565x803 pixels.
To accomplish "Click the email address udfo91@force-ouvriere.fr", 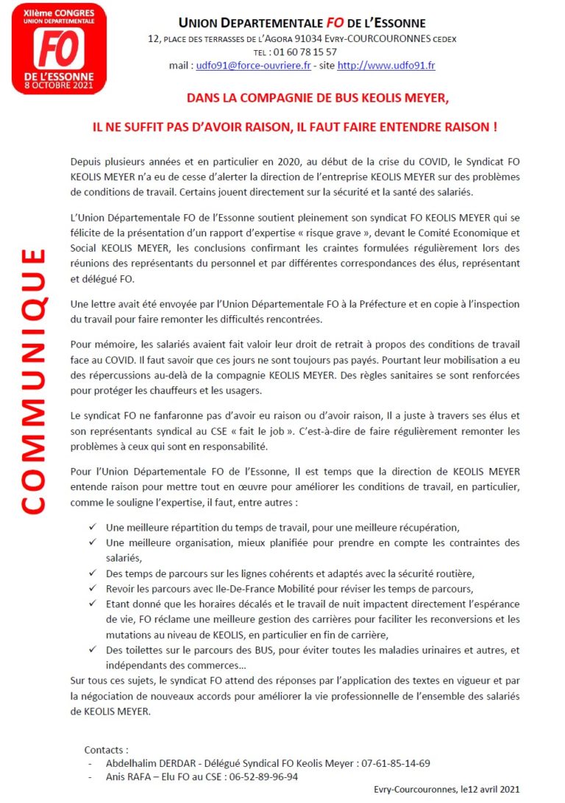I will (252, 66).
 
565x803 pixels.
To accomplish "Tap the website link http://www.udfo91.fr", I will (386, 66).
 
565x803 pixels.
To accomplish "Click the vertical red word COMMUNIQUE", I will (32, 381).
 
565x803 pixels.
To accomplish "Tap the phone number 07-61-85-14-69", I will (397, 763).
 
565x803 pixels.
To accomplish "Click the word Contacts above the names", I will (105, 750).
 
